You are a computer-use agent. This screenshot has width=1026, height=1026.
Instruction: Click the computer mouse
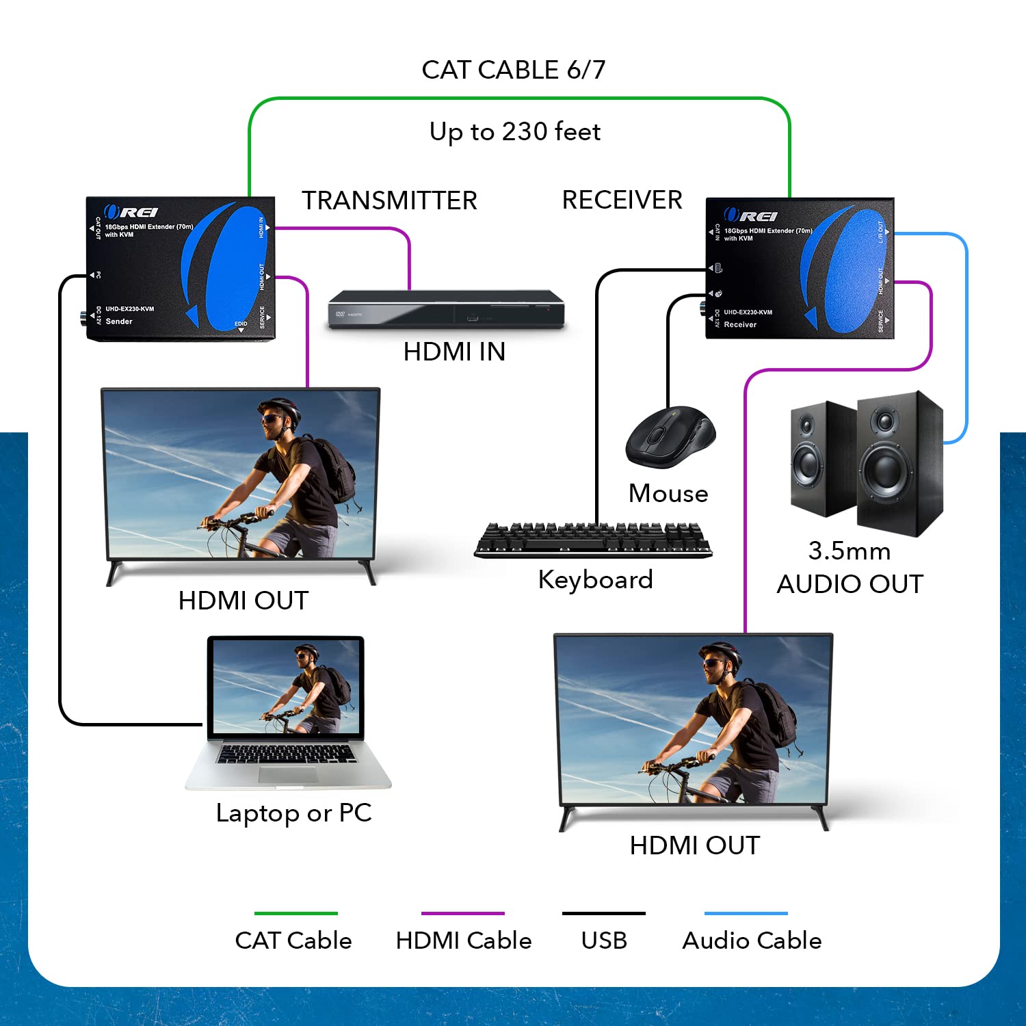pyautogui.click(x=670, y=438)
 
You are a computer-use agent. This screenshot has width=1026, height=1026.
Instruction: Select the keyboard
pyautogui.click(x=593, y=540)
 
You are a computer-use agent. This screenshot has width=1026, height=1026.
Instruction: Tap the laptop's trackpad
pyautogui.click(x=288, y=774)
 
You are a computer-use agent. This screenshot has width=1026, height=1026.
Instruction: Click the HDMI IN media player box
pyautogui.click(x=446, y=310)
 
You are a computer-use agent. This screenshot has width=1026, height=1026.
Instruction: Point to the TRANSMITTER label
pyautogui.click(x=389, y=200)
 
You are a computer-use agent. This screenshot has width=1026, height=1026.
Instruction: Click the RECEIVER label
pyautogui.click(x=622, y=200)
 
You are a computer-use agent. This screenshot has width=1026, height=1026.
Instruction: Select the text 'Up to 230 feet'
pyautogui.click(x=514, y=131)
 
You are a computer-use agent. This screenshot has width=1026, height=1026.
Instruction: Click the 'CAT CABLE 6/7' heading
pyautogui.click(x=513, y=70)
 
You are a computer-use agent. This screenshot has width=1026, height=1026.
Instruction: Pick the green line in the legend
pyautogui.click(x=295, y=913)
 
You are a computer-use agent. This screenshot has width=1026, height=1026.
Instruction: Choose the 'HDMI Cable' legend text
pyautogui.click(x=463, y=941)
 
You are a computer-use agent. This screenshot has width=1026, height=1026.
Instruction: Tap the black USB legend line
pyautogui.click(x=603, y=913)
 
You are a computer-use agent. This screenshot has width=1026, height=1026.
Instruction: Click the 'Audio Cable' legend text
pyautogui.click(x=752, y=941)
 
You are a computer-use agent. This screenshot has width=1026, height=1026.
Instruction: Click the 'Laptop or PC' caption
pyautogui.click(x=293, y=813)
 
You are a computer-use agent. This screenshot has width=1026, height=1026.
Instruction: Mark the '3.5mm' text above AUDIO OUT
pyautogui.click(x=849, y=551)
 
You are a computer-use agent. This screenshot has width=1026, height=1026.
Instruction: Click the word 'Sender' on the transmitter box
pyautogui.click(x=119, y=321)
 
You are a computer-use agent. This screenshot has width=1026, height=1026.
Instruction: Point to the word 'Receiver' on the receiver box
pyautogui.click(x=740, y=325)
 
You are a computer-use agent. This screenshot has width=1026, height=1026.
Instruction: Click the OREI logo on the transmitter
pyautogui.click(x=131, y=212)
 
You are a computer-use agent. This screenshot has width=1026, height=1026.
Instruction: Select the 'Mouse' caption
pyautogui.click(x=668, y=493)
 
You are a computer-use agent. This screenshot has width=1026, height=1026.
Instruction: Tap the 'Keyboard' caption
pyautogui.click(x=595, y=580)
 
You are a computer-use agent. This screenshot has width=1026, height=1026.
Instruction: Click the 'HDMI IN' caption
pyautogui.click(x=454, y=352)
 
